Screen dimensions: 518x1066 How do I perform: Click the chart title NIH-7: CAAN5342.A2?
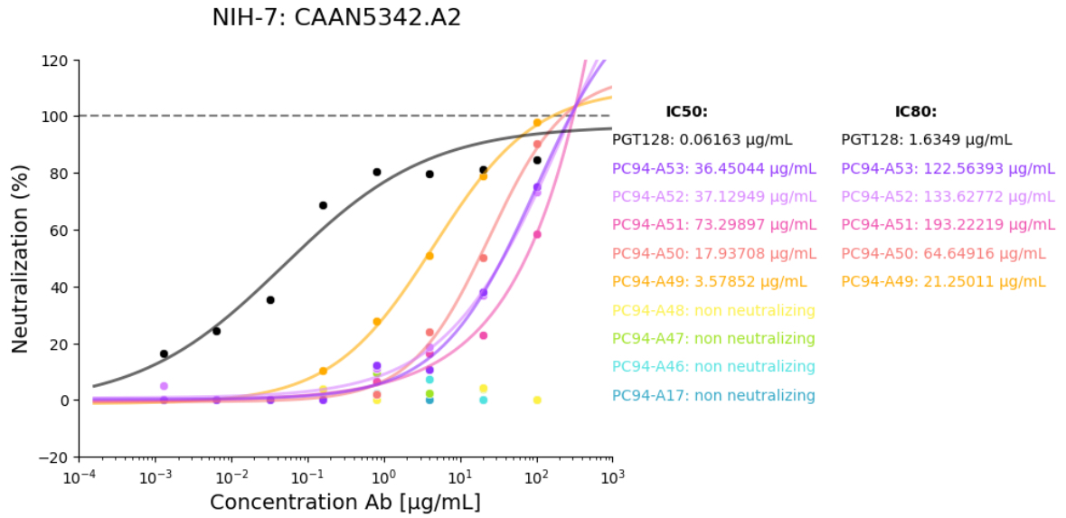[336, 18]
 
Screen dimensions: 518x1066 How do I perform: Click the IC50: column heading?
[686, 112]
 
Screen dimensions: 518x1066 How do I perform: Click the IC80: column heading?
[915, 112]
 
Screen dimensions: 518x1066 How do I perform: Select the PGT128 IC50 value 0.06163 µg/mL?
[703, 140]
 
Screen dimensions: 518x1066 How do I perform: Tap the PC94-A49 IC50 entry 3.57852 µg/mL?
[713, 282]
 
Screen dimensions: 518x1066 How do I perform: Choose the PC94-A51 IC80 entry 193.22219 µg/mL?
[948, 225]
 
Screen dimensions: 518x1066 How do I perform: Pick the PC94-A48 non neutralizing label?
[713, 311]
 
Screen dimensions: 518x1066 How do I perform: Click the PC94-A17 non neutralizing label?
[713, 396]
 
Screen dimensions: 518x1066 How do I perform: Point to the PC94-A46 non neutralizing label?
[713, 367]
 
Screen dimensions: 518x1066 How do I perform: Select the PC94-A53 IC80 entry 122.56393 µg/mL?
[948, 168]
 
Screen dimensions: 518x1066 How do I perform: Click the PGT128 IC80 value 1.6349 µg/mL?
[927, 140]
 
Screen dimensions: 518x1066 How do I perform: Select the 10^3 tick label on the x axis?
[613, 476]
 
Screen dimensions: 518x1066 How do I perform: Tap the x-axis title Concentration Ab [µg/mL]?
[345, 503]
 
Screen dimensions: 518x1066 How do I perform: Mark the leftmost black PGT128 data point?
[164, 353]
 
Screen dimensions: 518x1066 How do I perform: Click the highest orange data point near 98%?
[537, 123]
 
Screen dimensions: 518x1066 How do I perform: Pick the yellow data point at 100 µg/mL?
[537, 400]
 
